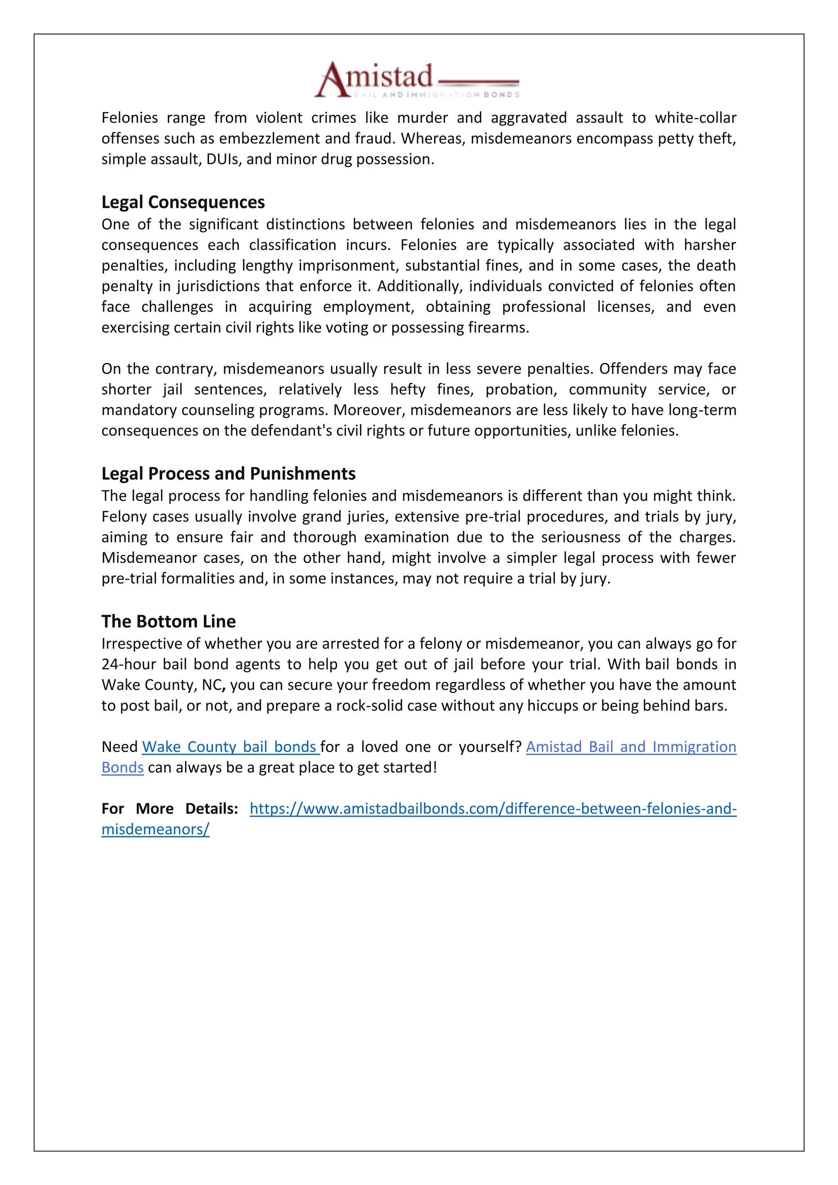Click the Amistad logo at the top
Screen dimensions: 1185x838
pos(417,79)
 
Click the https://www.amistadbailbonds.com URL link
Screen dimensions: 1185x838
pos(493,808)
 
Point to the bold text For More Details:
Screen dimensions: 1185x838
pos(169,808)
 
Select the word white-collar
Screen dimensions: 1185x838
pos(695,118)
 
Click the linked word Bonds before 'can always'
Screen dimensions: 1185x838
pos(122,768)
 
